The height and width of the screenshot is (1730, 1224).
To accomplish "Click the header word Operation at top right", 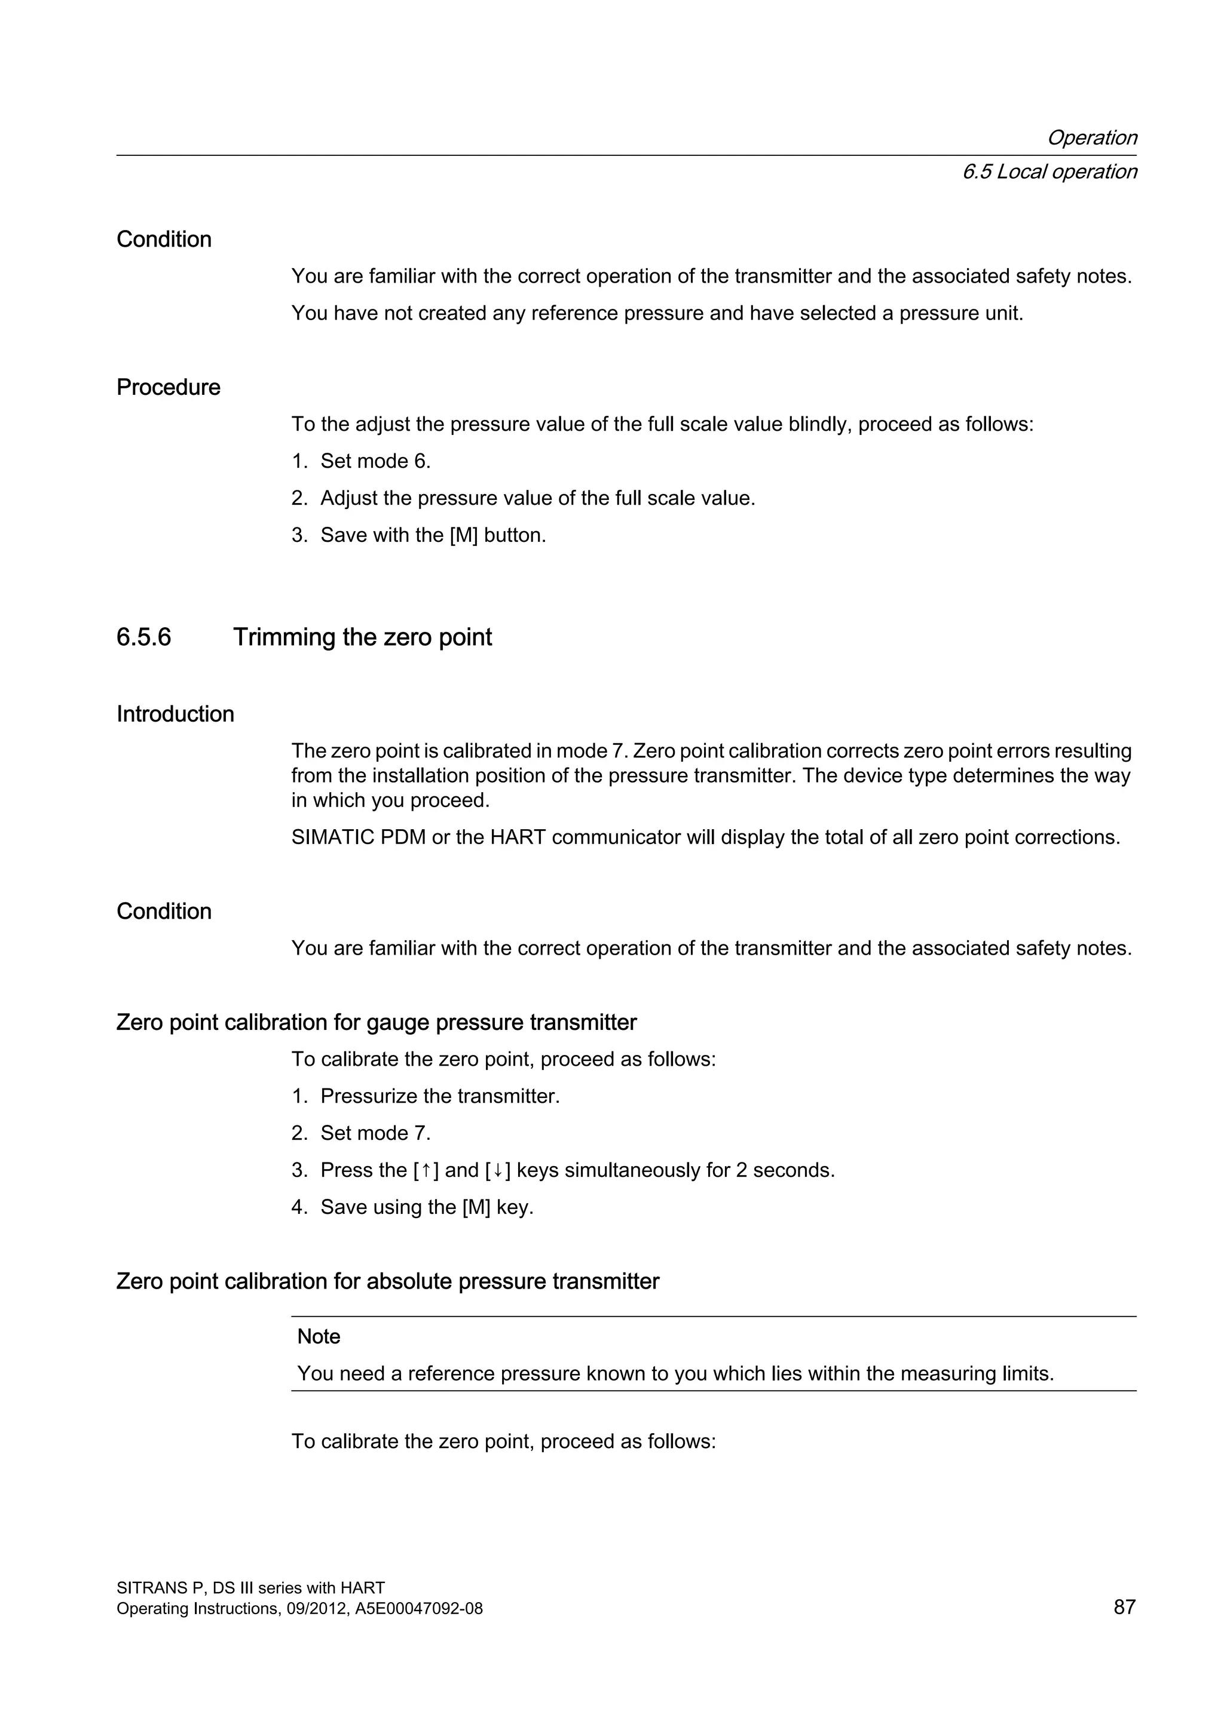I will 1091,138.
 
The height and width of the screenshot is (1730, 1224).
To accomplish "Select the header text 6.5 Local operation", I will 1049,172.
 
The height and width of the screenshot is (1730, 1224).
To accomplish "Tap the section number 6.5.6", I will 143,637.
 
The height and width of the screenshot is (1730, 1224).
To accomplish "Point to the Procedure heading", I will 168,387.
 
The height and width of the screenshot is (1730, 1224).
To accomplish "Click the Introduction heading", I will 175,714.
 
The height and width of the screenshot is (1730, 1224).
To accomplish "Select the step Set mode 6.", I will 375,461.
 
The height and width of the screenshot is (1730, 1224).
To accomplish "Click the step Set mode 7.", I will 375,1133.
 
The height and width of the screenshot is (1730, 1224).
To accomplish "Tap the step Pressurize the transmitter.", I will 439,1096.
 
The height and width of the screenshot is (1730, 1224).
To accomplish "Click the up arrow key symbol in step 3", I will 426,1170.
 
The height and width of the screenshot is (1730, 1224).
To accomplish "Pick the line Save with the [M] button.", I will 433,535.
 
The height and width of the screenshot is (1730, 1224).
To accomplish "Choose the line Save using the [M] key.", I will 427,1207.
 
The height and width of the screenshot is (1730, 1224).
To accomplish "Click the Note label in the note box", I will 318,1337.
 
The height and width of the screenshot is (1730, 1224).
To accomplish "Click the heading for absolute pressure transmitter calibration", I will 387,1282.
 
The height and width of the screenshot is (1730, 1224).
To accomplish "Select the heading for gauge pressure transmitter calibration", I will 376,1023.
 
